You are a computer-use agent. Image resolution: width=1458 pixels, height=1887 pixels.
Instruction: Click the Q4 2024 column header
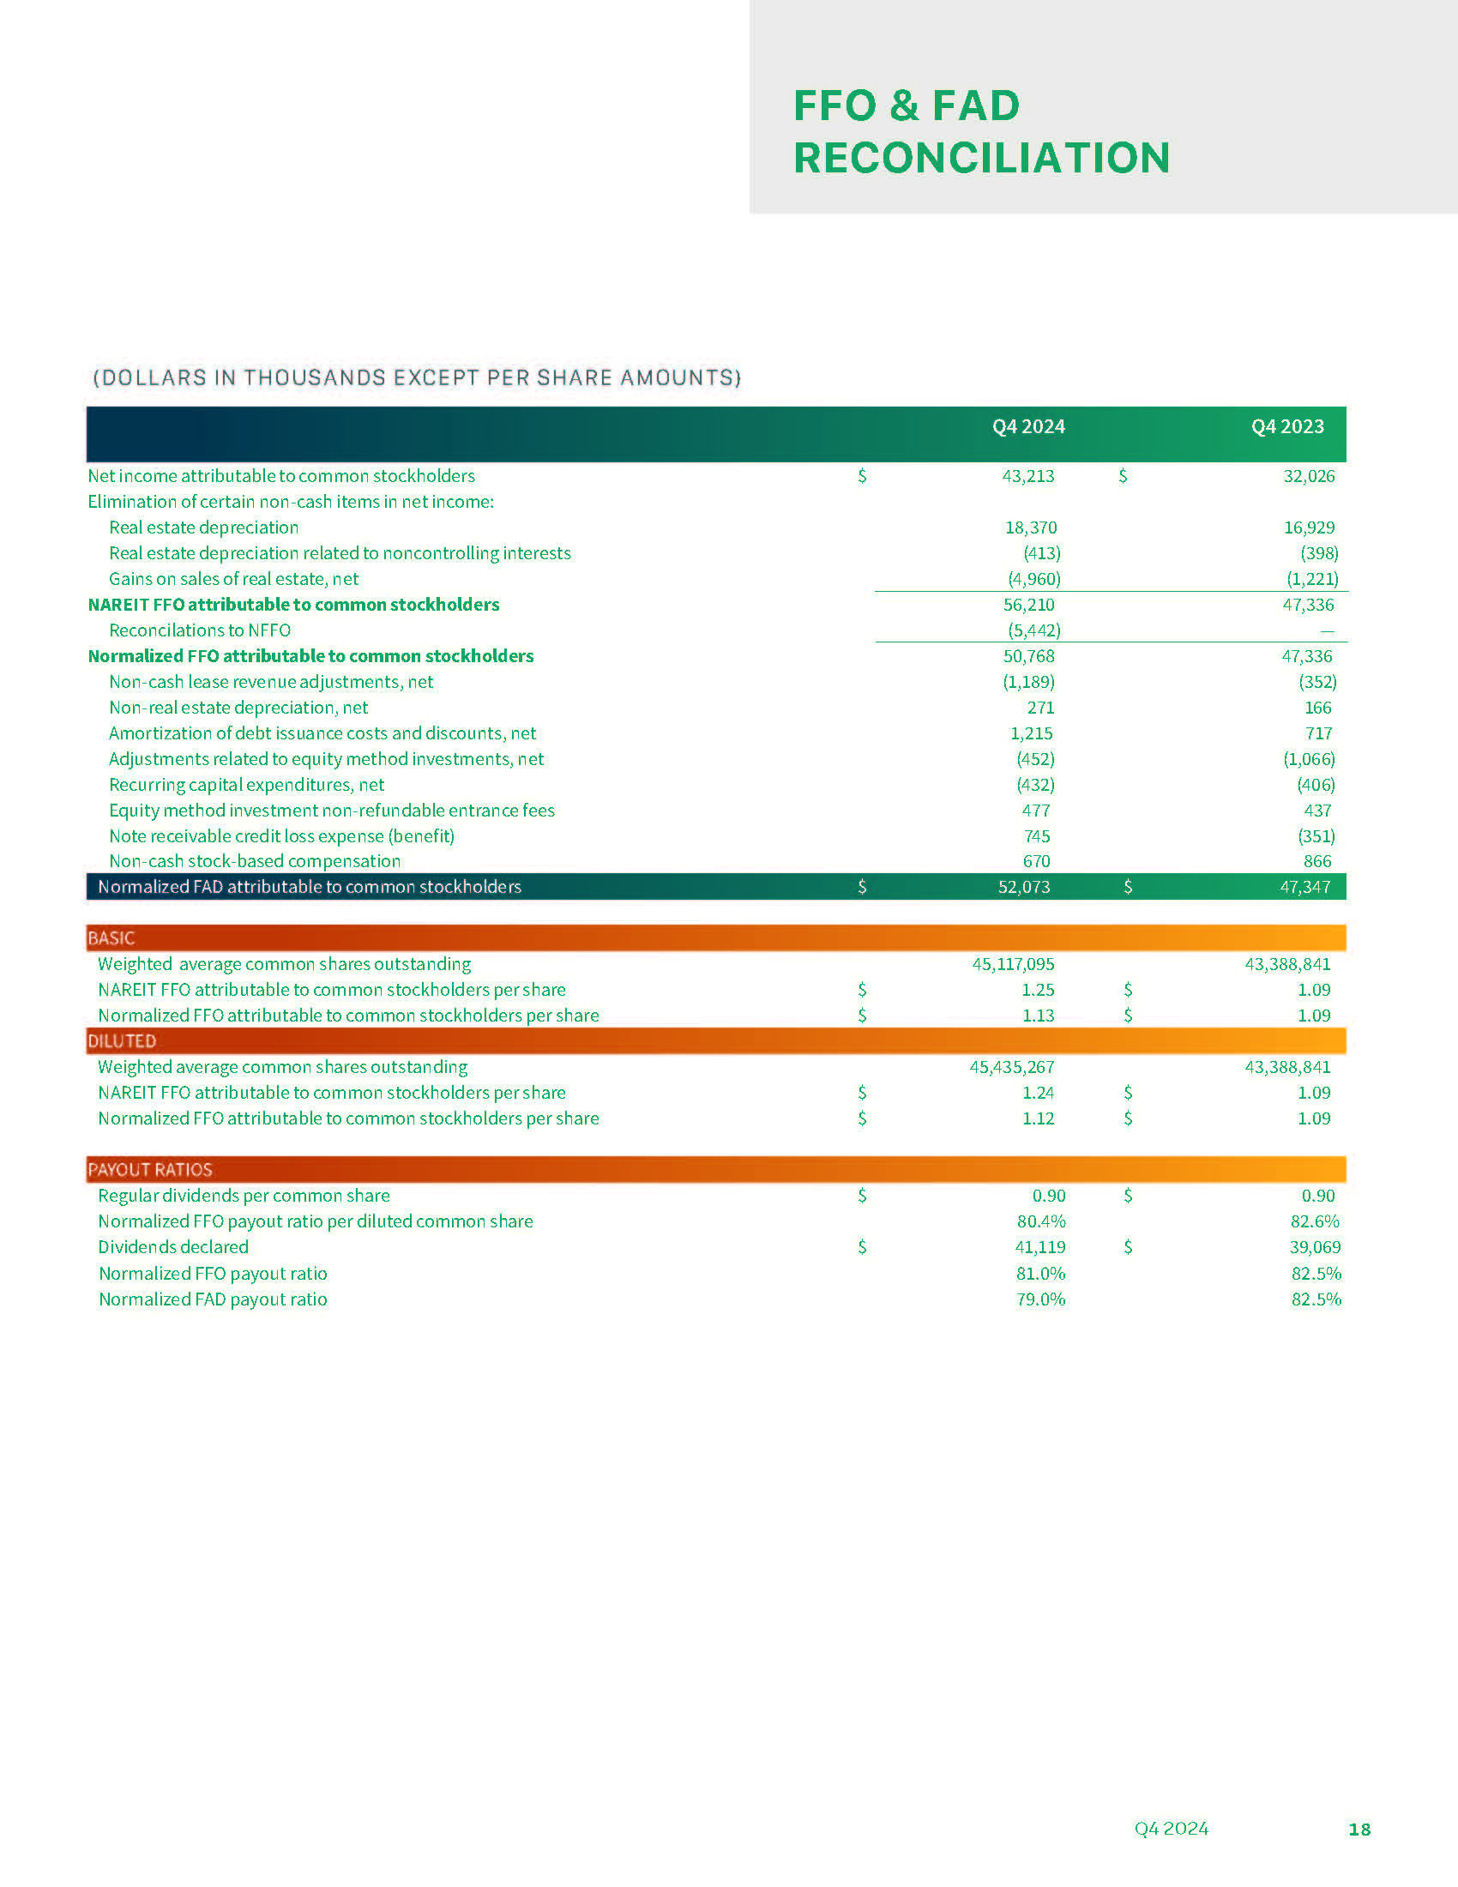[1027, 427]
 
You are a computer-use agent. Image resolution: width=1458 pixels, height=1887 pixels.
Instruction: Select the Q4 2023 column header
[1287, 427]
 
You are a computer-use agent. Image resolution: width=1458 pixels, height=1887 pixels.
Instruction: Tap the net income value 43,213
[1027, 476]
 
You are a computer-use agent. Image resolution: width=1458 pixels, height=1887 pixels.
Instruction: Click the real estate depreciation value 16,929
[1309, 528]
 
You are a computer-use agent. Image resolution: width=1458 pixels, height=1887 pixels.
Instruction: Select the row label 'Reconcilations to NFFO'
[200, 630]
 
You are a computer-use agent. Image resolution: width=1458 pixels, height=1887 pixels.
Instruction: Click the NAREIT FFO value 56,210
[1028, 605]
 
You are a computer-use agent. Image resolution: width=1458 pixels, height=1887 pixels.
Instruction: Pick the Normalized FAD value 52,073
[1023, 888]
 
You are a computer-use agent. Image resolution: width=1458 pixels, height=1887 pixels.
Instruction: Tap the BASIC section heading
[111, 938]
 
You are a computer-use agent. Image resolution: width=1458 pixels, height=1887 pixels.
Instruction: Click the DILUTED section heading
[122, 1041]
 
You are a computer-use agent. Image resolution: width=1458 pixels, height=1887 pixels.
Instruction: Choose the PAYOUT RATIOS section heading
[150, 1170]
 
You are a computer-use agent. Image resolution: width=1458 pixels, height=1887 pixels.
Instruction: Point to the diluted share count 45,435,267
[1011, 1067]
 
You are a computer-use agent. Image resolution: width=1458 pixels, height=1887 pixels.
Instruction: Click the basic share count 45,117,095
[1013, 964]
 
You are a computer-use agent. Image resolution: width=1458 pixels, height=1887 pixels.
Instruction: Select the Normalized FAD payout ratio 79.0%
[1041, 1299]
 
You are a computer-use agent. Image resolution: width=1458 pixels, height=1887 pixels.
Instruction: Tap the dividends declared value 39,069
[1315, 1248]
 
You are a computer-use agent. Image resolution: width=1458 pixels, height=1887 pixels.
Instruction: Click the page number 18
[1359, 1830]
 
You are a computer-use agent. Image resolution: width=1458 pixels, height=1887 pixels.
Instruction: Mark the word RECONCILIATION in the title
[981, 158]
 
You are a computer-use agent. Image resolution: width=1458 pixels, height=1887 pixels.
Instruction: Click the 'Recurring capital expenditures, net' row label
[246, 786]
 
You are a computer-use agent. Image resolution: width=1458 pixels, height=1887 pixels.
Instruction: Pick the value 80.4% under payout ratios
[1041, 1221]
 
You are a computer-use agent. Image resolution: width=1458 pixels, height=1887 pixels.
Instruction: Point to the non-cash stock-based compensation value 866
[1317, 861]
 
